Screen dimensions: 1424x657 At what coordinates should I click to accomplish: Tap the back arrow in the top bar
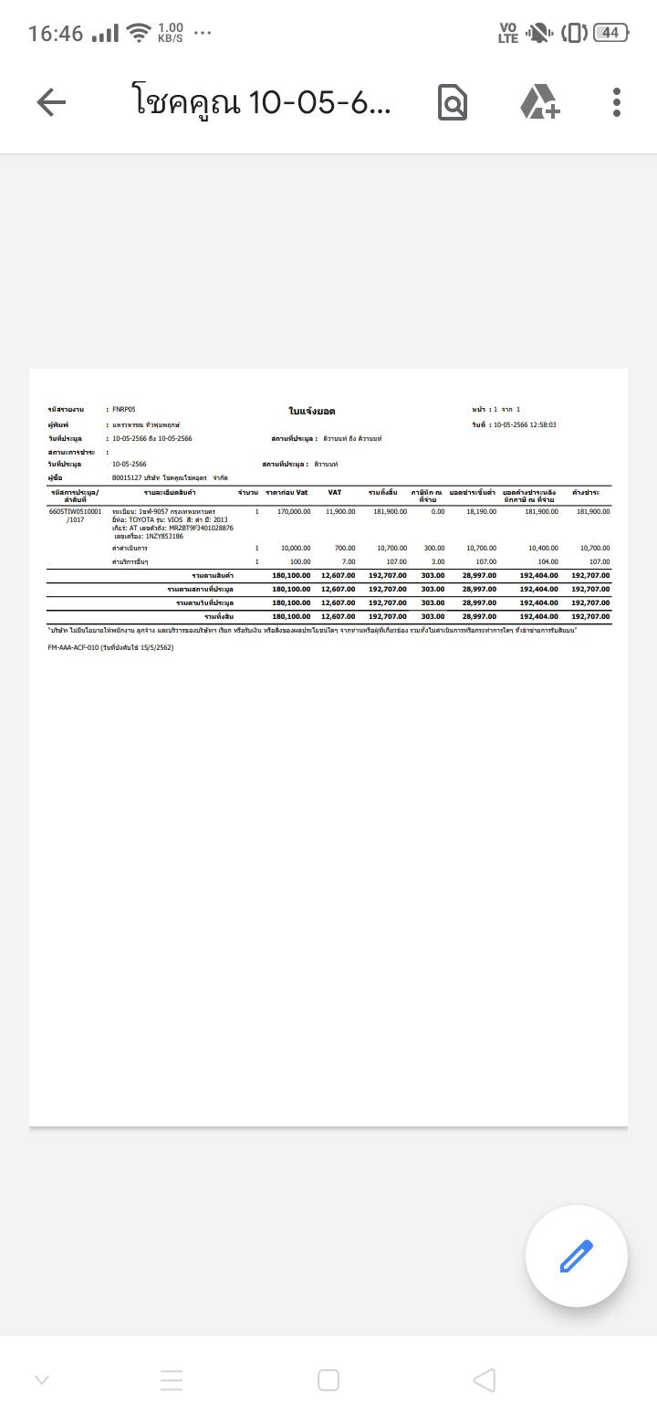51,102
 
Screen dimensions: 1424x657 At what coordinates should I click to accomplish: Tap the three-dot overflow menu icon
617,102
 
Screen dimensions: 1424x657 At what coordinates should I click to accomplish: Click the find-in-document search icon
453,102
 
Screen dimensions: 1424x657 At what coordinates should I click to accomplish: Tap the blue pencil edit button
576,1256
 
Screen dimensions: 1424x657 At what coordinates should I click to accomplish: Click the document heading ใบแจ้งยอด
312,412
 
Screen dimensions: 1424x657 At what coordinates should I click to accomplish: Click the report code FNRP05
124,410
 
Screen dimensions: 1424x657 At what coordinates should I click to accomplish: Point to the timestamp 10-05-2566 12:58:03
524,424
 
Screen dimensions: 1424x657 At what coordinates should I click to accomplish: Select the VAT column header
335,493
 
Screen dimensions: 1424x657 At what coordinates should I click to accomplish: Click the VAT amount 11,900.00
340,512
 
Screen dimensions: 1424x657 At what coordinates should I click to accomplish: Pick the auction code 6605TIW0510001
76,512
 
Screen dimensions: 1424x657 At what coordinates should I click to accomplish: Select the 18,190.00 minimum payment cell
481,512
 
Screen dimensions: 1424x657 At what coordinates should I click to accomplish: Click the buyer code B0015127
130,477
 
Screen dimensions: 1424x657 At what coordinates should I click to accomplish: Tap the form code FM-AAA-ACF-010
73,647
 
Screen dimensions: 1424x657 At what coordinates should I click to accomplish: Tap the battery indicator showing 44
610,33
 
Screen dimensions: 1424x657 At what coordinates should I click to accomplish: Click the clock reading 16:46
56,33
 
